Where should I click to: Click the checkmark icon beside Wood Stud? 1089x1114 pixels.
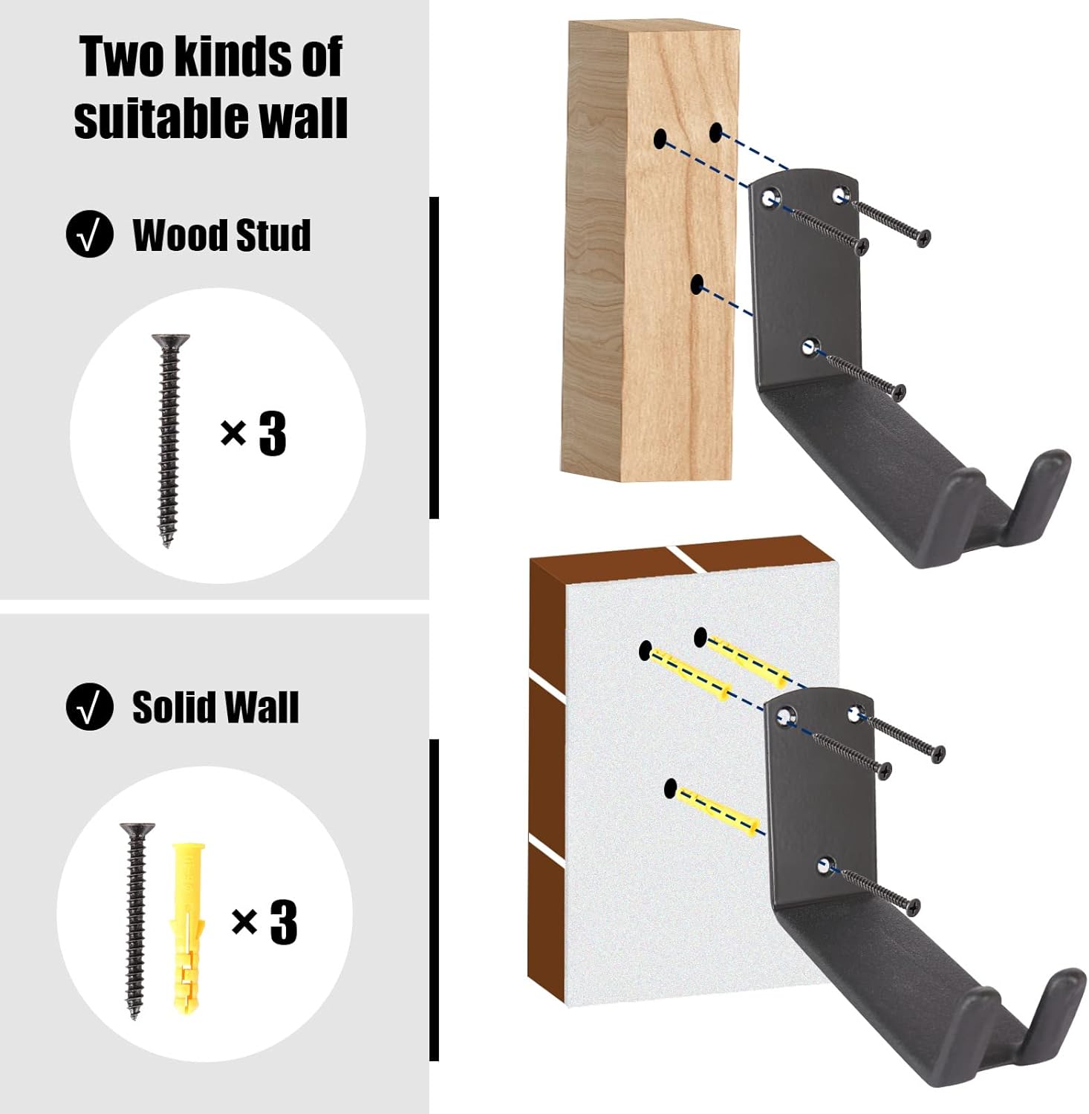pyautogui.click(x=89, y=235)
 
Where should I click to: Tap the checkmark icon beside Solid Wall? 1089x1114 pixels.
pyautogui.click(x=89, y=706)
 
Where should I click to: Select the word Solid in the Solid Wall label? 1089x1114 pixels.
pyautogui.click(x=173, y=706)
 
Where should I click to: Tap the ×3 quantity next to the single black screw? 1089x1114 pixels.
pyautogui.click(x=253, y=434)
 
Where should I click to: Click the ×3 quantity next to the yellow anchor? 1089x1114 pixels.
pyautogui.click(x=264, y=922)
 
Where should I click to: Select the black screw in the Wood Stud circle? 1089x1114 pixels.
pyautogui.click(x=169, y=441)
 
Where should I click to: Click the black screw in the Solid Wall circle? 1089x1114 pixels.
pyautogui.click(x=137, y=922)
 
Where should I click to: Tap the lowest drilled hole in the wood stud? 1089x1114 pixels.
pyautogui.click(x=697, y=284)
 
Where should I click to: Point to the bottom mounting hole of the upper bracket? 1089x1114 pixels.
pyautogui.click(x=810, y=346)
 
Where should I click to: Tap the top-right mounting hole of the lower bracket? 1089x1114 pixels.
pyautogui.click(x=856, y=714)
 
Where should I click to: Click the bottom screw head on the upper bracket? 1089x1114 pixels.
pyautogui.click(x=899, y=392)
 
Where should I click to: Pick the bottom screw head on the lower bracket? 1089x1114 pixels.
pyautogui.click(x=911, y=907)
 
